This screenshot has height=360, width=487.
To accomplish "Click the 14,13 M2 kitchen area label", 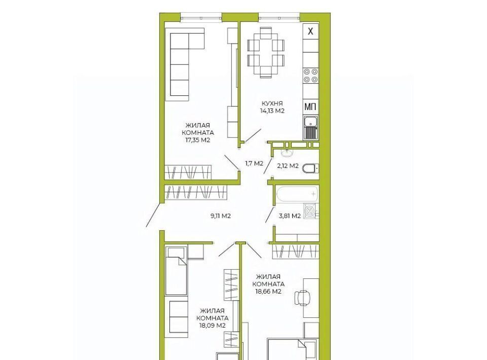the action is coord(272,111).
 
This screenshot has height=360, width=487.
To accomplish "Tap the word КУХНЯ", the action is coord(272,103).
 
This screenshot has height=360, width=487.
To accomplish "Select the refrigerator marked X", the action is coord(310,31).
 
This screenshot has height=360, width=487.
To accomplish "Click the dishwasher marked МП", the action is coord(310,107).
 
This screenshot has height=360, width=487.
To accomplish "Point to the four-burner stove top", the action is coord(310,76).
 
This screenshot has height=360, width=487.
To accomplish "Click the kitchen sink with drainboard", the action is coord(310,128).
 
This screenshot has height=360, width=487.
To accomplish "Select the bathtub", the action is coord(297,194).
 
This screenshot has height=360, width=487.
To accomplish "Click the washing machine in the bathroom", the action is coord(311,211).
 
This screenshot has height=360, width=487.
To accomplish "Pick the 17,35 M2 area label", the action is coord(198,140).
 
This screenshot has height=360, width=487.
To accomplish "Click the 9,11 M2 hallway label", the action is coord(221,216).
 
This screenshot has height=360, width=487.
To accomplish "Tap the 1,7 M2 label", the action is coord(254,163).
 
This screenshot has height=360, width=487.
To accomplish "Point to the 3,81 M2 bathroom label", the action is coord(290,216).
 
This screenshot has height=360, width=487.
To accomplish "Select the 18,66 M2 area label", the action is coord(268,292).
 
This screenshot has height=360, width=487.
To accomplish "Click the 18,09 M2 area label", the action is coord(213,326).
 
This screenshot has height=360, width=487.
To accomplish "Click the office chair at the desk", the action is coord(302,298).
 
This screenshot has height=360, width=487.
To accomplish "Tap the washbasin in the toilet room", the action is coord(286,153).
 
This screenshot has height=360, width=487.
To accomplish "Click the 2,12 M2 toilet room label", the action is coord(288,166).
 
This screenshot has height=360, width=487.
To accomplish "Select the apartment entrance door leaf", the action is coord(153,214).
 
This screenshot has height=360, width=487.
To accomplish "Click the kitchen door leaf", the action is coord(253,135).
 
